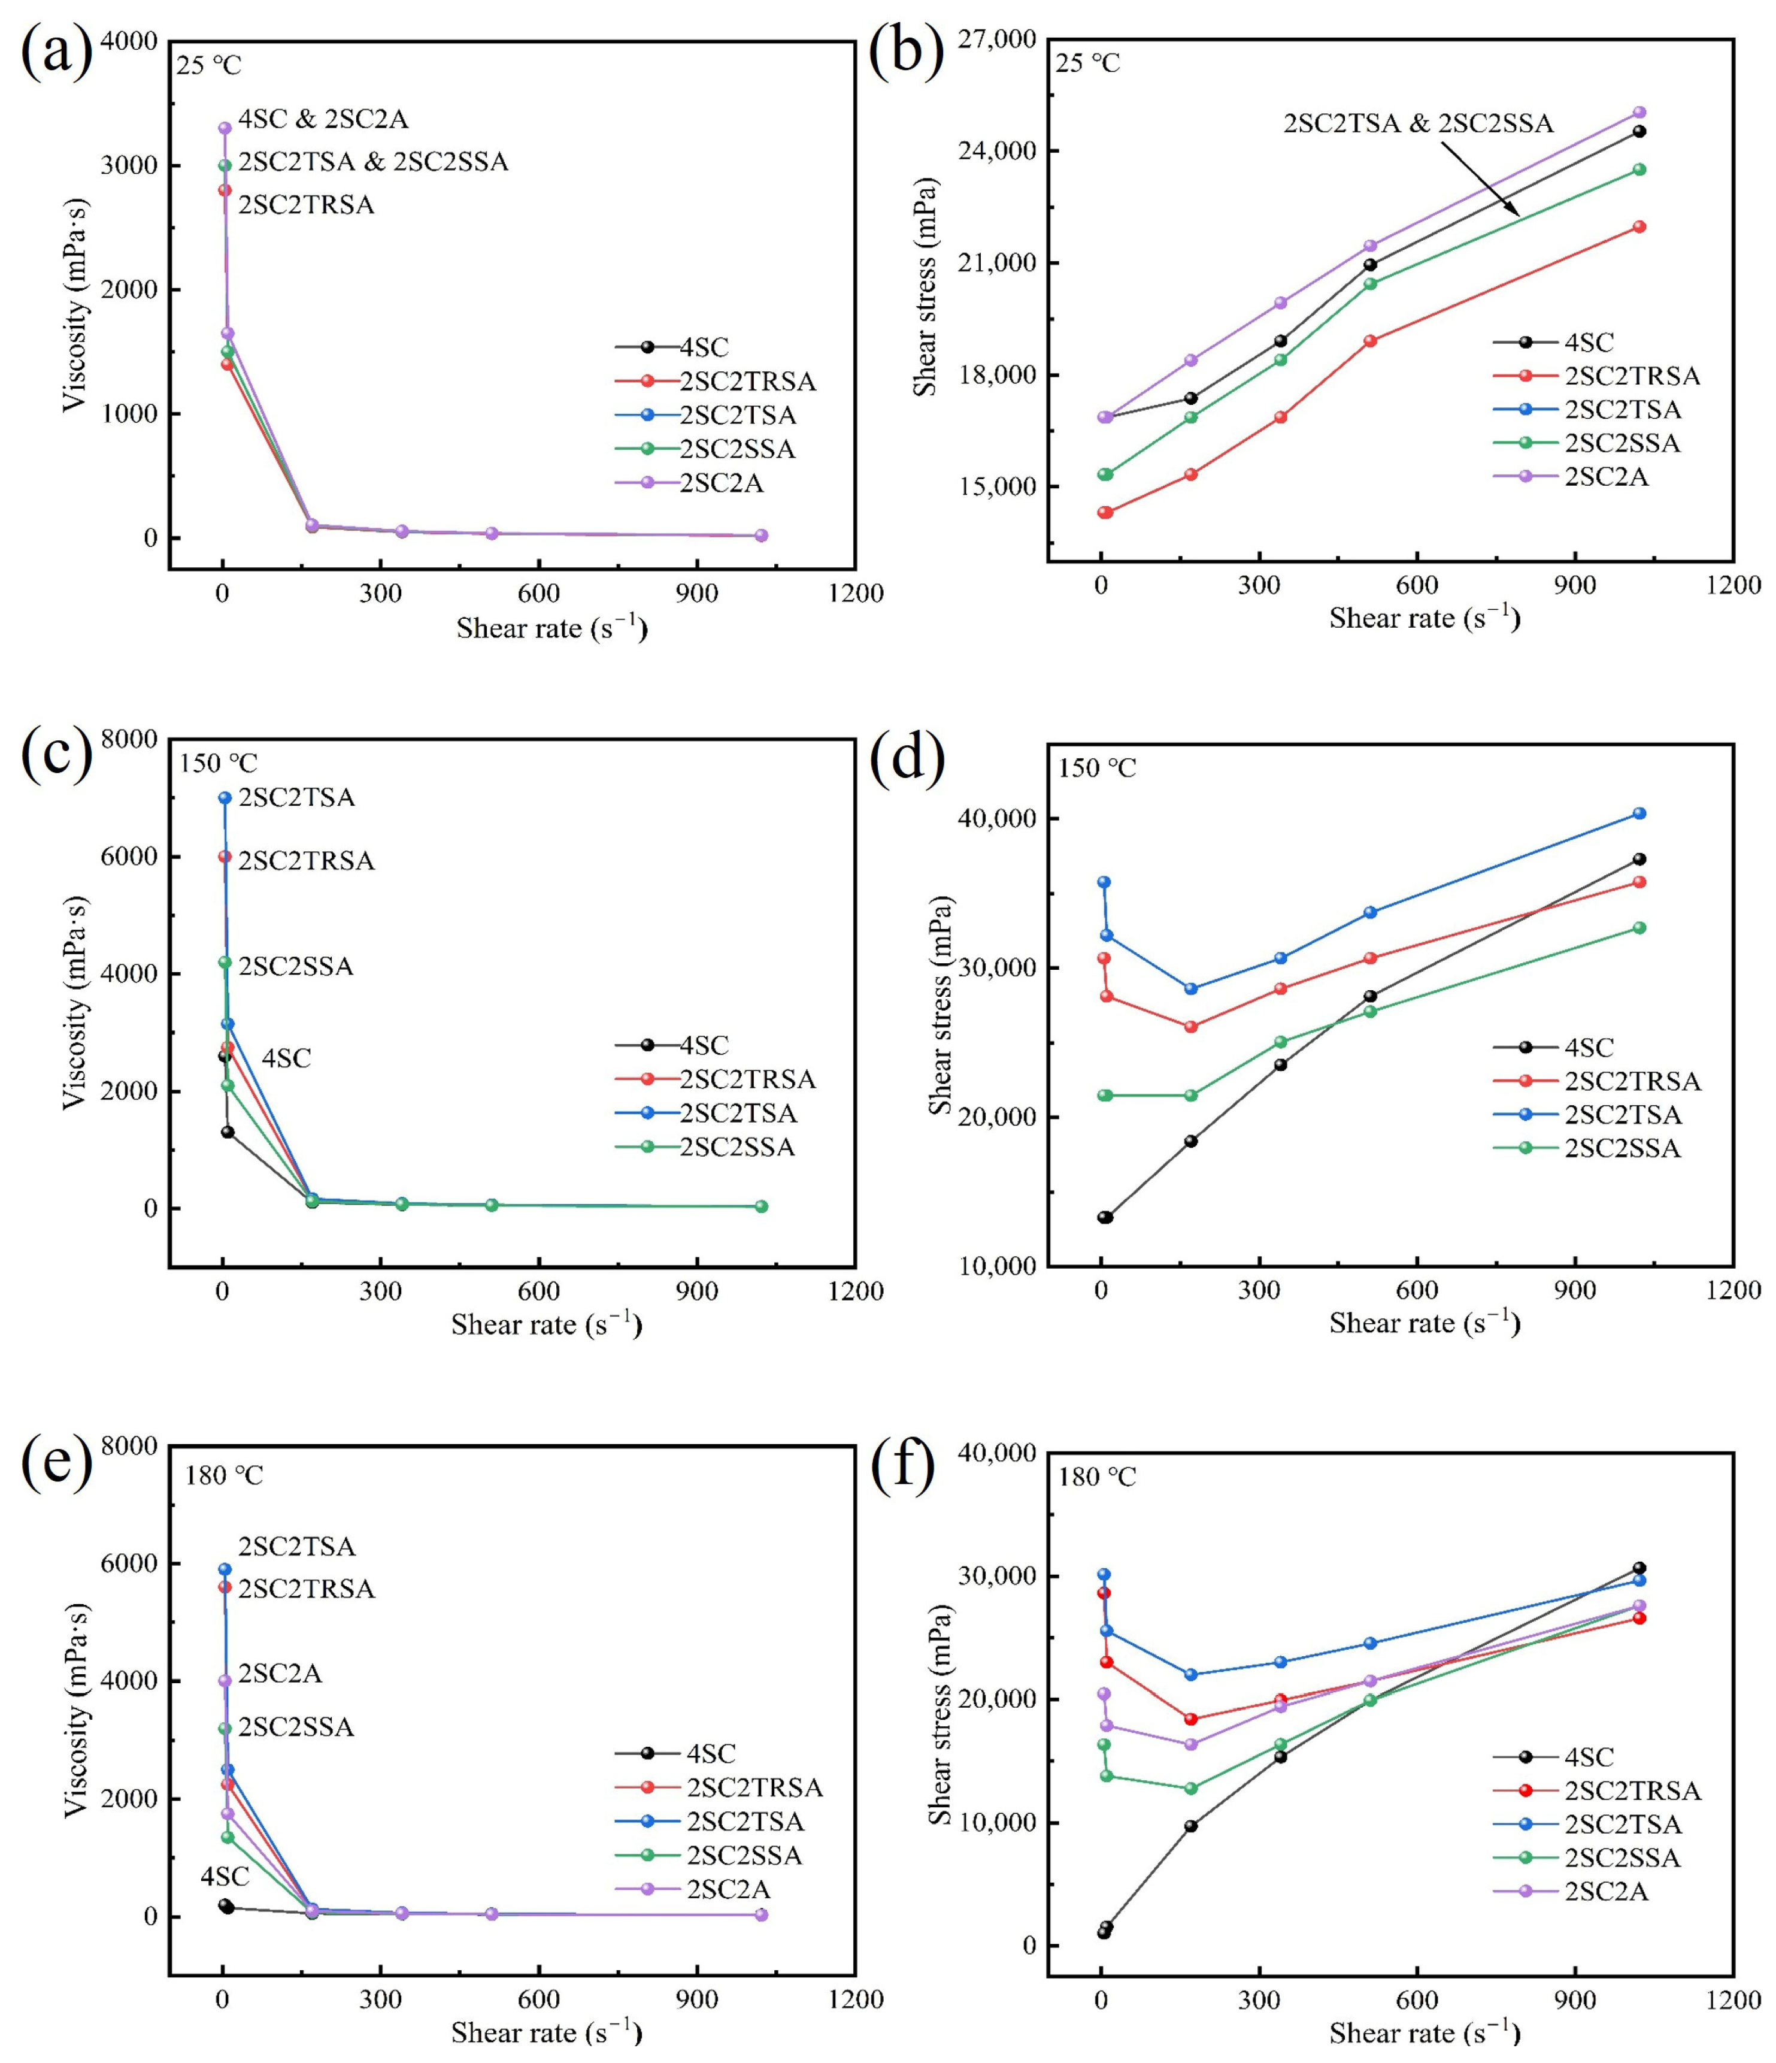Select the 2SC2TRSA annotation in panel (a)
tap(305, 205)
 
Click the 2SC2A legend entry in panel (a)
tap(721, 483)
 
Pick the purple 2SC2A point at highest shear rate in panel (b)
tap(1639, 113)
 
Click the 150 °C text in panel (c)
tap(218, 764)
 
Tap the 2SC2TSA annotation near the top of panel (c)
tap(296, 797)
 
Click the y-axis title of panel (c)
tap(75, 1003)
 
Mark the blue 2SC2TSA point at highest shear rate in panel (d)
tap(1639, 813)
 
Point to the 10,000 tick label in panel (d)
tap(996, 1266)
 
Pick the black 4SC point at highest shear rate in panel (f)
tap(1639, 1568)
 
